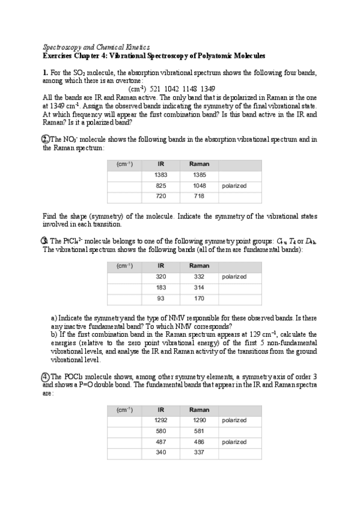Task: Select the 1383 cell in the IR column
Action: (x=161, y=174)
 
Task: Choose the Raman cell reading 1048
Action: (x=196, y=185)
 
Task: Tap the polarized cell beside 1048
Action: (x=234, y=185)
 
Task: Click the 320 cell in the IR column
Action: (x=161, y=277)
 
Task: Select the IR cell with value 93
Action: (x=161, y=298)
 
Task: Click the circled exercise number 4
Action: (x=46, y=376)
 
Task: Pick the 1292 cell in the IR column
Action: (x=161, y=420)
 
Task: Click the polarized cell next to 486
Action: (x=234, y=442)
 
